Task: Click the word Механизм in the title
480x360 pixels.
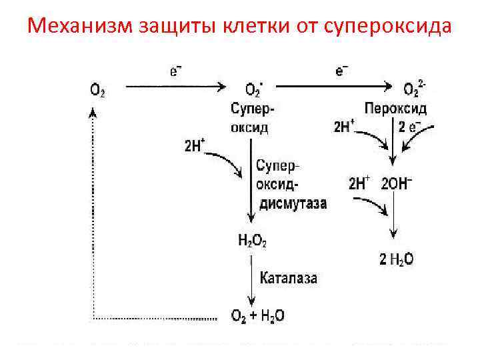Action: coord(79,27)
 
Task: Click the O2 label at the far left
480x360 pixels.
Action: coord(97,89)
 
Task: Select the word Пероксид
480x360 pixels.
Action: coord(396,107)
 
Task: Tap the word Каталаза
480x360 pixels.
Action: coord(288,276)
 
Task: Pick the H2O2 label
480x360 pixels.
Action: coord(252,241)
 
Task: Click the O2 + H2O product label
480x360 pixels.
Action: coord(257,315)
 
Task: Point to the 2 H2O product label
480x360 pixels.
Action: coord(396,259)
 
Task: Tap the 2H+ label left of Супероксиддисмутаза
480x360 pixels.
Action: coord(193,145)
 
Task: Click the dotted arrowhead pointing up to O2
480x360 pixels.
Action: coord(93,113)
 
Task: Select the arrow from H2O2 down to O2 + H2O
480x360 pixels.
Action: coord(251,283)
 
